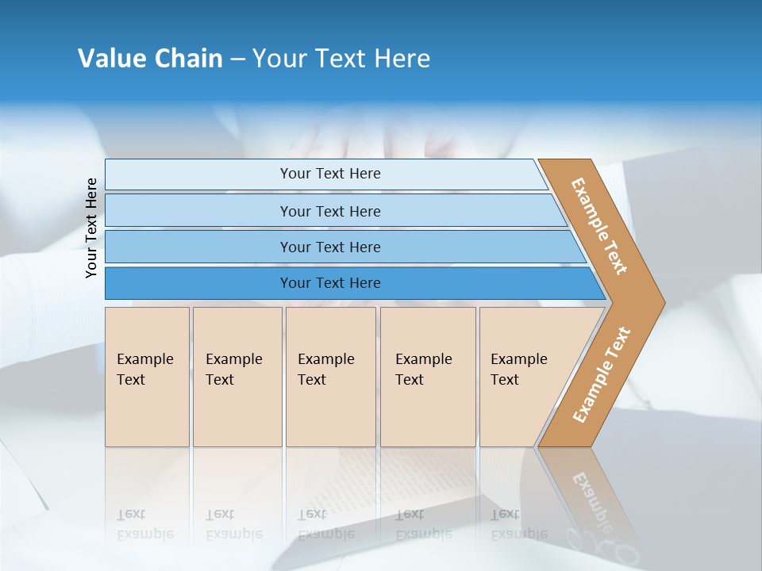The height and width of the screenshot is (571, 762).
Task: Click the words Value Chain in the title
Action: pyautogui.click(x=150, y=59)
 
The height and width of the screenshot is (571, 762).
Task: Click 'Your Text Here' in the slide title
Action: pyautogui.click(x=341, y=59)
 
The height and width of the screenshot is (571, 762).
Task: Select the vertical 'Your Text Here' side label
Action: pyautogui.click(x=91, y=228)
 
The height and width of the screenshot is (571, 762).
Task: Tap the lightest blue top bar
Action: pyautogui.click(x=198, y=174)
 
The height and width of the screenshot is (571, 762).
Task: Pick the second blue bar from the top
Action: pyautogui.click(x=198, y=211)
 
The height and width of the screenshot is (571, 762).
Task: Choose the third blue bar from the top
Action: pyautogui.click(x=198, y=247)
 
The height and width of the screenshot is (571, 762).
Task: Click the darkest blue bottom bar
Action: pyautogui.click(x=198, y=283)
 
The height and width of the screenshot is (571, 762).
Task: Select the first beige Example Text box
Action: pyautogui.click(x=147, y=377)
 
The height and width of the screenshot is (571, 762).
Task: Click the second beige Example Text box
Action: pyautogui.click(x=237, y=377)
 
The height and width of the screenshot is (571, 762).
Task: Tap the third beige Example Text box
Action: pyautogui.click(x=330, y=377)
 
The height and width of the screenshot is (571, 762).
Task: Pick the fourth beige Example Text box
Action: pyautogui.click(x=428, y=377)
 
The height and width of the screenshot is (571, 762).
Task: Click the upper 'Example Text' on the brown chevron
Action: pyautogui.click(x=599, y=226)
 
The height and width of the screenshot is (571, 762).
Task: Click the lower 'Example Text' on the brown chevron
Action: pyautogui.click(x=602, y=375)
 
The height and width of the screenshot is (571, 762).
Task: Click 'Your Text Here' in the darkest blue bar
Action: pyautogui.click(x=330, y=283)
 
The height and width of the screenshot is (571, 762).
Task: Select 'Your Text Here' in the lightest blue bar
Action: pyautogui.click(x=330, y=174)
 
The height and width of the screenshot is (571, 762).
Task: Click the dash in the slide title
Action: pyautogui.click(x=237, y=59)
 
